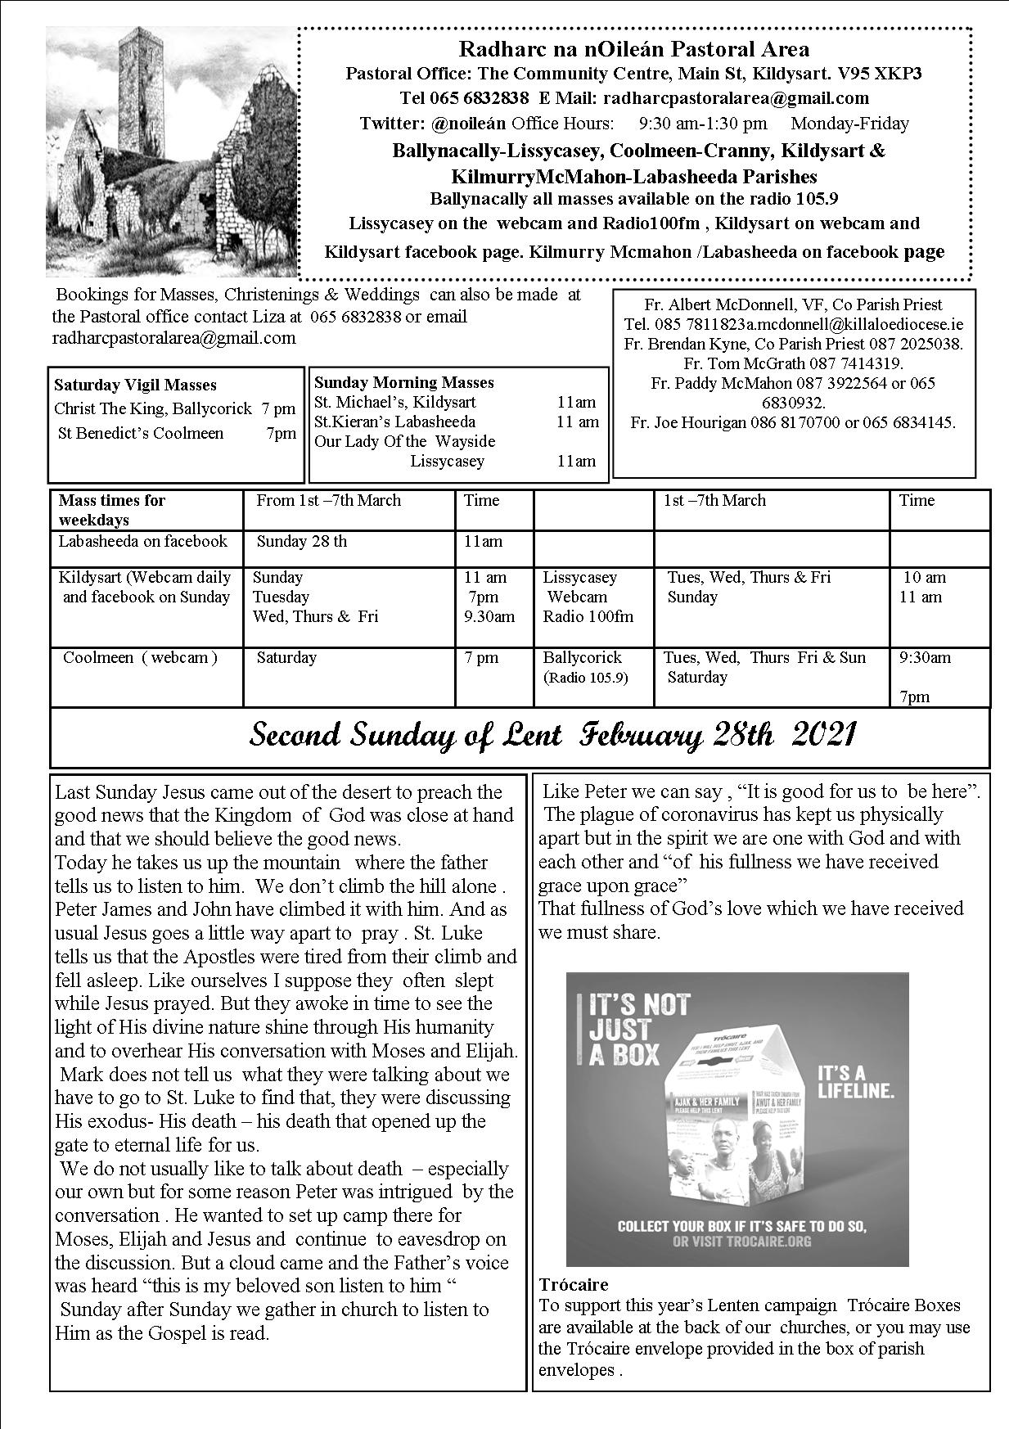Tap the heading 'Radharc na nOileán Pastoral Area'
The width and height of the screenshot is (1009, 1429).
tap(634, 49)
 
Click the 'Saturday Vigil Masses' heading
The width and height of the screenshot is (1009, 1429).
tap(135, 385)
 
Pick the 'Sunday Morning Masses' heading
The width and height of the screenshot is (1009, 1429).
tap(403, 382)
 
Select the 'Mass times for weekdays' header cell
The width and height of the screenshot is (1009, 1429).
tap(111, 509)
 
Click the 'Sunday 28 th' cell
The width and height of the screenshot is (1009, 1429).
tap(301, 541)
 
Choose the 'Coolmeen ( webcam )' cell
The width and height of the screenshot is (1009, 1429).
tap(140, 657)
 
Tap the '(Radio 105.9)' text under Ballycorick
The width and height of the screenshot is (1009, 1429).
tap(585, 678)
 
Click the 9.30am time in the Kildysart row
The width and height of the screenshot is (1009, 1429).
tap(489, 616)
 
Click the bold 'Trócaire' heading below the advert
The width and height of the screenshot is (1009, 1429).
tap(573, 1284)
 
